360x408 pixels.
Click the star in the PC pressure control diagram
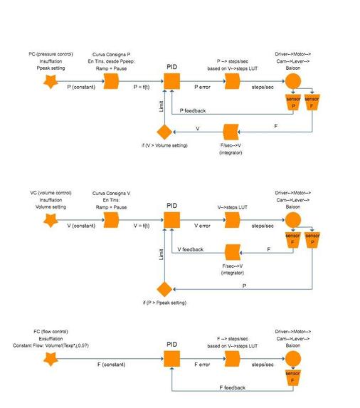(51, 83)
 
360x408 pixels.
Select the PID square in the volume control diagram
(172, 221)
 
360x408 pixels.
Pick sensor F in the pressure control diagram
(312, 103)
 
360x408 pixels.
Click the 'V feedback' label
(190, 250)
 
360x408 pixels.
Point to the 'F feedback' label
(232, 387)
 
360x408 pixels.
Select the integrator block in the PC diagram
(232, 132)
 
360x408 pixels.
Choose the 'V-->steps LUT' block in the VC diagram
(232, 221)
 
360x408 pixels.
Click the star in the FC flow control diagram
(51, 358)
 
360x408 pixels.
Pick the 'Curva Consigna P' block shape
(111, 83)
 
